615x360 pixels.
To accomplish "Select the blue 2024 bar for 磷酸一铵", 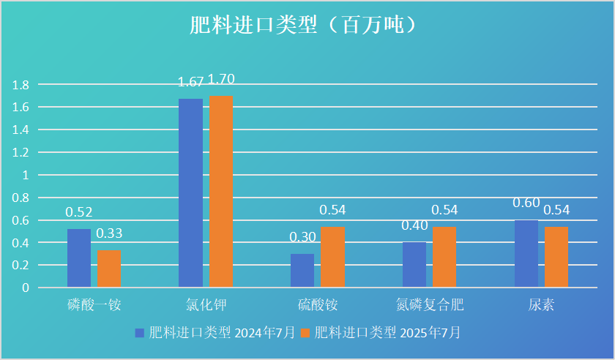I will pyautogui.click(x=79, y=258).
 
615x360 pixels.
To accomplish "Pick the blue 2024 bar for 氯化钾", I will pyautogui.click(x=191, y=192).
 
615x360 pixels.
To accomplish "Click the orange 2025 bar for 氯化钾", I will pyautogui.click(x=221, y=192).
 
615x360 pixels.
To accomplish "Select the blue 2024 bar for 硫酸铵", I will pyautogui.click(x=302, y=270).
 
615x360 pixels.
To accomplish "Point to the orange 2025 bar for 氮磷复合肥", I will pyautogui.click(x=444, y=257).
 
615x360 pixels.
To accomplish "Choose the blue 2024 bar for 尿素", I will pyautogui.click(x=526, y=253).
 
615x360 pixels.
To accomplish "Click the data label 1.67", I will pyautogui.click(x=191, y=82).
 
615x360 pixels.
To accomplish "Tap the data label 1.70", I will pyautogui.click(x=221, y=79).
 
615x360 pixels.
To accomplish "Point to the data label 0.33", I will pyautogui.click(x=109, y=233).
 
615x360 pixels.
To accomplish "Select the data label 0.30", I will pyautogui.click(x=302, y=237).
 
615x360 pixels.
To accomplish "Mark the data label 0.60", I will pyautogui.click(x=526, y=203).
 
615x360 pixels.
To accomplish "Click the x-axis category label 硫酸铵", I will pyautogui.click(x=318, y=304).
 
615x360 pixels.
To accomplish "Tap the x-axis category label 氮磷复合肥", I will pyautogui.click(x=430, y=304).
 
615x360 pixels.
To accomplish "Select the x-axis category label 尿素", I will pyautogui.click(x=542, y=304).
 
